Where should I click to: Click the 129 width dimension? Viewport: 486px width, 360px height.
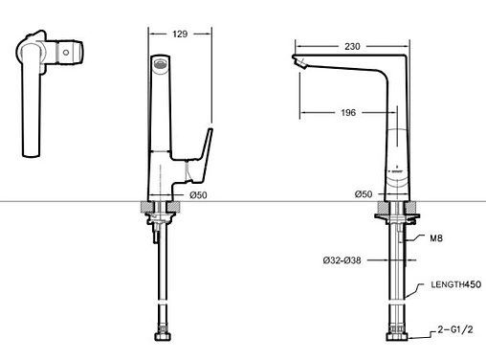point(180,34)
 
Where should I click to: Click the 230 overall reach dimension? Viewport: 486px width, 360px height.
point(352,47)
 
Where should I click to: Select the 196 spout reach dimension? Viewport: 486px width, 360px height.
point(348,113)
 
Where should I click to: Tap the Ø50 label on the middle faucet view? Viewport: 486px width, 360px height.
point(198,195)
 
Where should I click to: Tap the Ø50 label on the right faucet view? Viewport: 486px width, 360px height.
point(364,194)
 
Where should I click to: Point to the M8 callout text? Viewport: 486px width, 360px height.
point(436,238)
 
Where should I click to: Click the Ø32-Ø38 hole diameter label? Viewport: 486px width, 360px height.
point(342,260)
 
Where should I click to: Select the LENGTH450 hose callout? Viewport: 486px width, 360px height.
point(456,284)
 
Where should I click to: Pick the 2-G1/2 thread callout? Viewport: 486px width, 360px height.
point(455,329)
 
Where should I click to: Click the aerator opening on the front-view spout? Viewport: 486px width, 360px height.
point(161,63)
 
